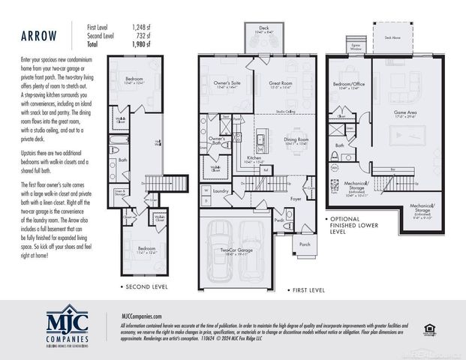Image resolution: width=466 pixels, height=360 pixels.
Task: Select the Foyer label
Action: click(x=295, y=199)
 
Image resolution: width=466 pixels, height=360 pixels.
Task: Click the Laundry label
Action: click(x=220, y=191)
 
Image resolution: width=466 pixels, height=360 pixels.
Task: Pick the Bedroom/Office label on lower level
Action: click(x=349, y=83)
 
